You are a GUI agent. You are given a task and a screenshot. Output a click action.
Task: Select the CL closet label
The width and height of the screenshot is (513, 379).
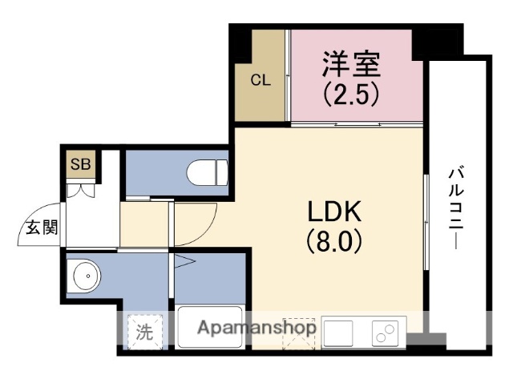(260, 80)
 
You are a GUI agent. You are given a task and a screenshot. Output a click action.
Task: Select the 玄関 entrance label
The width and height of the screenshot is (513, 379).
(38, 227)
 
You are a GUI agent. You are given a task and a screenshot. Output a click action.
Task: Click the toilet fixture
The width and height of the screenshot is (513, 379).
(206, 171)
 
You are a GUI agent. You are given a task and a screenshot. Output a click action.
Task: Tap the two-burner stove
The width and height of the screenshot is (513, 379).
(386, 330)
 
